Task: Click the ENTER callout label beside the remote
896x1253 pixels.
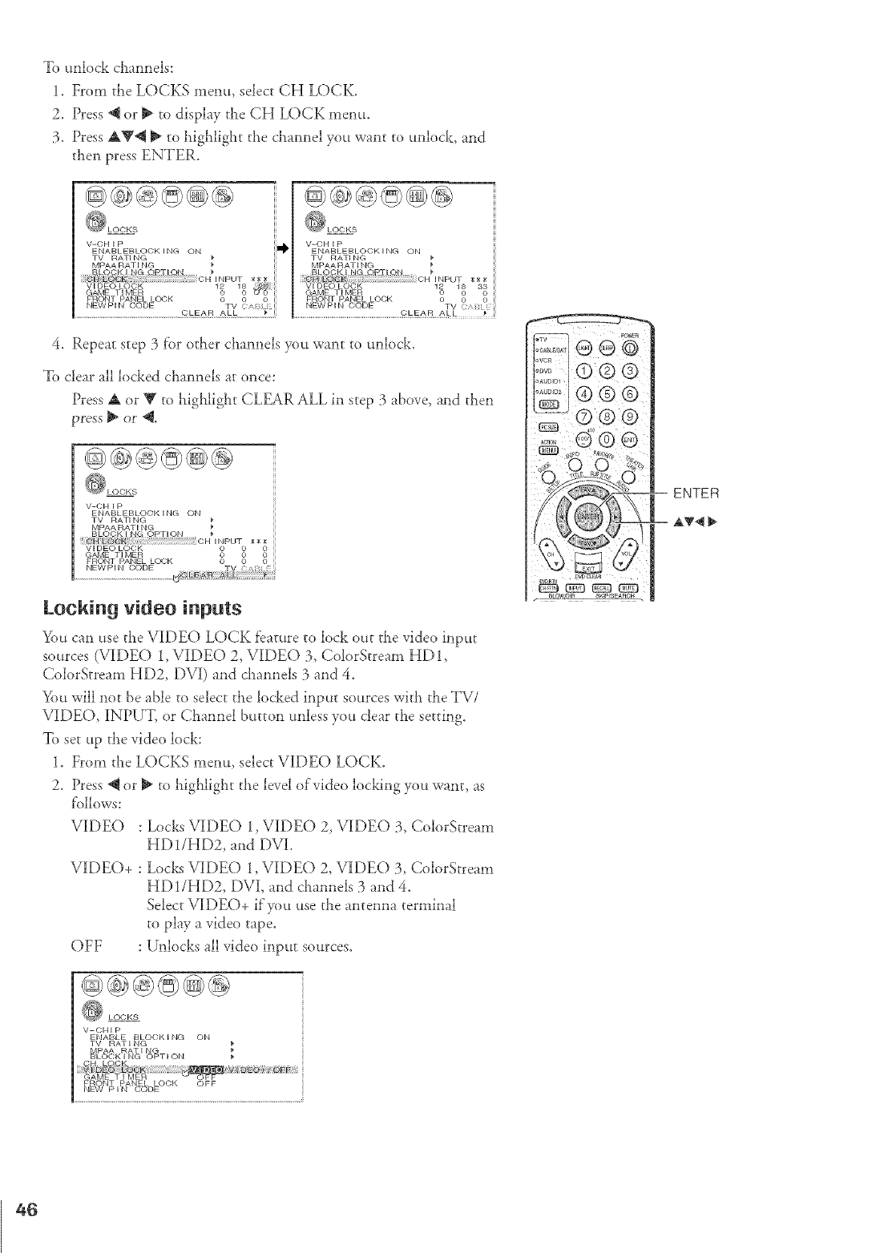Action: click(696, 493)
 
